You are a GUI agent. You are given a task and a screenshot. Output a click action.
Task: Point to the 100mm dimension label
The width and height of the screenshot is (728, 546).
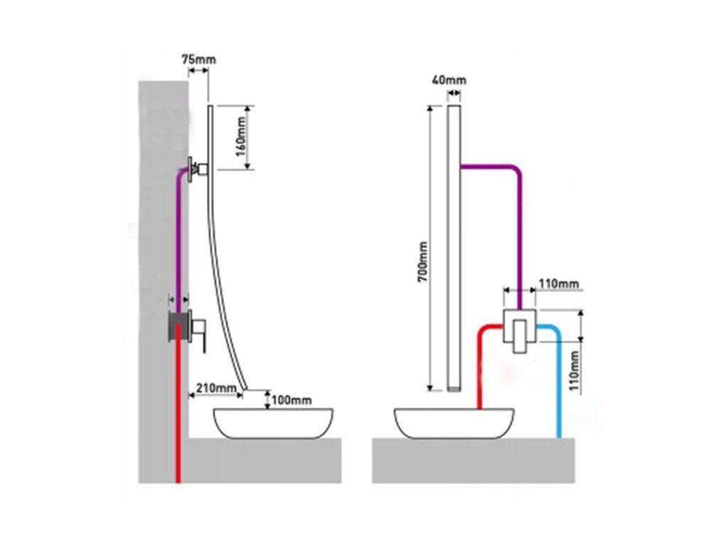pyautogui.click(x=291, y=400)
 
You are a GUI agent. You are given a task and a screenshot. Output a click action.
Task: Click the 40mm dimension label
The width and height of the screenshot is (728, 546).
pyautogui.click(x=449, y=80)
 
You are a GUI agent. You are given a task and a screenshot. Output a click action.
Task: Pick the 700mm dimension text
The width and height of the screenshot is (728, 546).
pyautogui.click(x=422, y=263)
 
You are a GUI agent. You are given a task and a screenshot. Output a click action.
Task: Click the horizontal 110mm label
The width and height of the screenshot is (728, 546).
pyautogui.click(x=558, y=284)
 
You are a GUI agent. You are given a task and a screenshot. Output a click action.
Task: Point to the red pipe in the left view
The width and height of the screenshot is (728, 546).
pyautogui.click(x=178, y=427)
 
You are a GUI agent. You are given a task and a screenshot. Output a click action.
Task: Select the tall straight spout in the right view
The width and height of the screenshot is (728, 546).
pyautogui.click(x=455, y=249)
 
